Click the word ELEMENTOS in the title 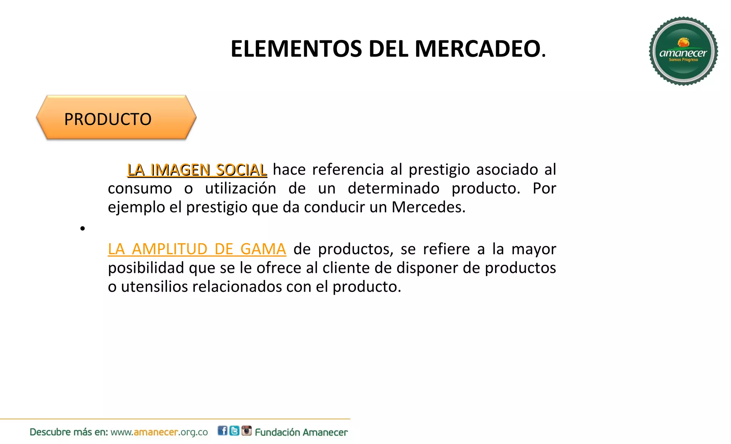(x=296, y=49)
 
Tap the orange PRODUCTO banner (x=116, y=118)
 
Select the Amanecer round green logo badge (x=683, y=51)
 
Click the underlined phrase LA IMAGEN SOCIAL (x=197, y=170)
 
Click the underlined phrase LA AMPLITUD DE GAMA (x=197, y=249)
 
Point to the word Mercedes (x=428, y=207)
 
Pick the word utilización (x=241, y=188)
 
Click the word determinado (x=393, y=188)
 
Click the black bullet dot (x=82, y=228)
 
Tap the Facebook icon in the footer (x=222, y=431)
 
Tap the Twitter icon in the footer (x=235, y=431)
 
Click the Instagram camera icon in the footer (x=247, y=430)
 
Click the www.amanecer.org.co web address (x=159, y=432)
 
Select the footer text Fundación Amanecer (x=301, y=432)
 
